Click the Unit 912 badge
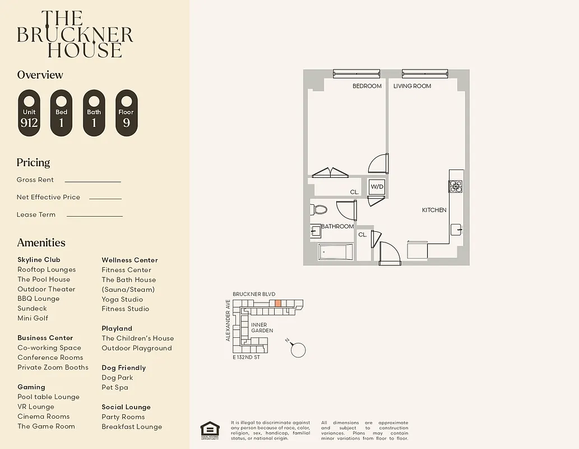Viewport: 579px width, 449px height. click(29, 113)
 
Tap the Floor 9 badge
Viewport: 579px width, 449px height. click(126, 113)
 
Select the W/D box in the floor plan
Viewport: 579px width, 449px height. click(377, 187)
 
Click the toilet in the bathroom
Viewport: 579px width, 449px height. click(319, 210)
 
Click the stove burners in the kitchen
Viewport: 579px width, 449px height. click(456, 186)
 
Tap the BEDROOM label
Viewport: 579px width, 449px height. click(367, 86)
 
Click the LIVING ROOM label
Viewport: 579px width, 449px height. click(412, 86)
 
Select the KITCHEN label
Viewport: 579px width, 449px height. click(434, 210)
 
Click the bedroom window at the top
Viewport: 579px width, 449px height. click(356, 73)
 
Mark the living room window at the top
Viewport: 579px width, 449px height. click(424, 73)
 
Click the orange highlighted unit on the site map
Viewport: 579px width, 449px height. click(278, 303)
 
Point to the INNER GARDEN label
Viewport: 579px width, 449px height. click(262, 328)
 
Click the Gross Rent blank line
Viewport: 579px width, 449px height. click(92, 181)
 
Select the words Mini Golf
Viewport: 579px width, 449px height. click(33, 318)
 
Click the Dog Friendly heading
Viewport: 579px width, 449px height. click(123, 368)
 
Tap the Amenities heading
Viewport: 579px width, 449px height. click(41, 242)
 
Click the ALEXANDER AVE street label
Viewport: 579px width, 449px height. click(228, 320)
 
